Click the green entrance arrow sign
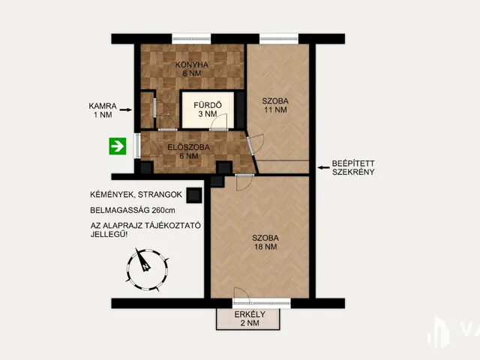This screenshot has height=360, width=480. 118,146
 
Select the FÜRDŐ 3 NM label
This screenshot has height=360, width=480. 208,109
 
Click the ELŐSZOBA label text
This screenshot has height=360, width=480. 188,147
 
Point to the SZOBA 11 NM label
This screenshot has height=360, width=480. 275,105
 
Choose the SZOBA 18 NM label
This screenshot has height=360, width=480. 265,242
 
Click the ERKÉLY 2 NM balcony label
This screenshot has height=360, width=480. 250,319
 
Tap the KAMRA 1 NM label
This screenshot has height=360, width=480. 103,110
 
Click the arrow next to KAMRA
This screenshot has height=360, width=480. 125,109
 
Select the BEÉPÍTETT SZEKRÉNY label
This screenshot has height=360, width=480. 353,168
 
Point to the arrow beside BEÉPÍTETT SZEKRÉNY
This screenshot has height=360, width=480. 324,167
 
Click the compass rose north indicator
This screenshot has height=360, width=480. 142,261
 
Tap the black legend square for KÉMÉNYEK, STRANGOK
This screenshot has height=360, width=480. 194,195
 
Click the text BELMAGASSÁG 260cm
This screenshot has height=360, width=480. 133,210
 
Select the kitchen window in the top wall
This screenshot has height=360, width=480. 191,39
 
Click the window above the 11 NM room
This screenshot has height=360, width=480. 279,39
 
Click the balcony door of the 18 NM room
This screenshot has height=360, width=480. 262,303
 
